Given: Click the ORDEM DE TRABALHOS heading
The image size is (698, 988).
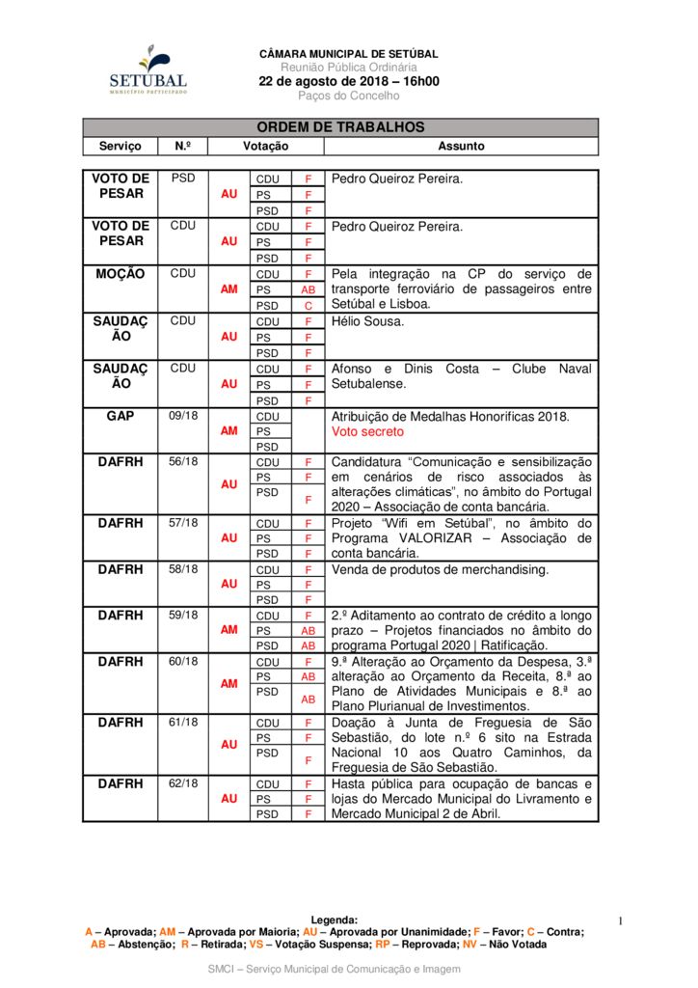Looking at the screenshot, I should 340,127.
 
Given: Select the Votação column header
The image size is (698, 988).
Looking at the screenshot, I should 265,146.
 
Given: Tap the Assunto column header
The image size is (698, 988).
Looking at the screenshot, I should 461,146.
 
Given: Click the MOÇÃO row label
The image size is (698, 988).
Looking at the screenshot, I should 121,274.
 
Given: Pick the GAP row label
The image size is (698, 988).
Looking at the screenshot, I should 121,416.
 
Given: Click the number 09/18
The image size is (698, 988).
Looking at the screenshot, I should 183,416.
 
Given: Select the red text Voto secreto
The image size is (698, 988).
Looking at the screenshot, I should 368,432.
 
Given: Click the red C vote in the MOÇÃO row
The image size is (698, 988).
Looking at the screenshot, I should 309,305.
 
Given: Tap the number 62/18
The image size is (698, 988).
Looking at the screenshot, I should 183,783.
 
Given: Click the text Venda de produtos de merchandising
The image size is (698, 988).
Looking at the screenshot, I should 440,569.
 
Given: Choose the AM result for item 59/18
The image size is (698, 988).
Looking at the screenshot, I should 229,629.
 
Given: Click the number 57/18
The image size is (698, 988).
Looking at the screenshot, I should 183,523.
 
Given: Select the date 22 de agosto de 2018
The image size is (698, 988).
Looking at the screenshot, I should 348,81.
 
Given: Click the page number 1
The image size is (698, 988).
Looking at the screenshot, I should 621,921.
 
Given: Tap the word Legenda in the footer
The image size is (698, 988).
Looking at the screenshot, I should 334,920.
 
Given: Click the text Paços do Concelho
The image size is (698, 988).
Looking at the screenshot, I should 348,96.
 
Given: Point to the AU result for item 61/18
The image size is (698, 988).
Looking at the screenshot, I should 229,745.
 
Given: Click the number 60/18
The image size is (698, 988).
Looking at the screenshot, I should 183,662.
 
